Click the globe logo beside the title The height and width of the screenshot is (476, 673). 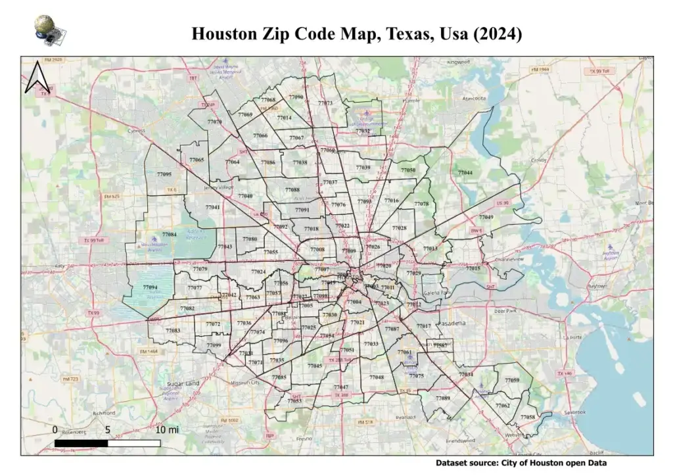[x=47, y=29]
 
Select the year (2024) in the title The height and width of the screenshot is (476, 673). [x=497, y=34]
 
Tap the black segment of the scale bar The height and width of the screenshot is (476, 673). [x=80, y=443]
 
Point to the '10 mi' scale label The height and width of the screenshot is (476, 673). [x=167, y=430]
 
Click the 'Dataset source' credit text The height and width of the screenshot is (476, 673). [x=521, y=463]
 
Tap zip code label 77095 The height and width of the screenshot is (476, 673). [x=164, y=174]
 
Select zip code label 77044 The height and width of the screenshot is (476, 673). [x=465, y=172]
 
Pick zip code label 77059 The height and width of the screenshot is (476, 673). [x=512, y=381]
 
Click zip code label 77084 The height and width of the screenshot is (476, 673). [x=169, y=235]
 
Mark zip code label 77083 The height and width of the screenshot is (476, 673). [x=173, y=331]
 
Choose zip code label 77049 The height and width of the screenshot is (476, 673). [x=486, y=217]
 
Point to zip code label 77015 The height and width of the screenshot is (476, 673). [x=473, y=268]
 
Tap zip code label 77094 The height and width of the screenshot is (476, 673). [x=150, y=288]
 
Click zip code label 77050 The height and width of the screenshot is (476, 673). [x=408, y=170]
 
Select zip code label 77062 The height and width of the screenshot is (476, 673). [x=503, y=406]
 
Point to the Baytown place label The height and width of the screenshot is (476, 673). [x=595, y=287]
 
